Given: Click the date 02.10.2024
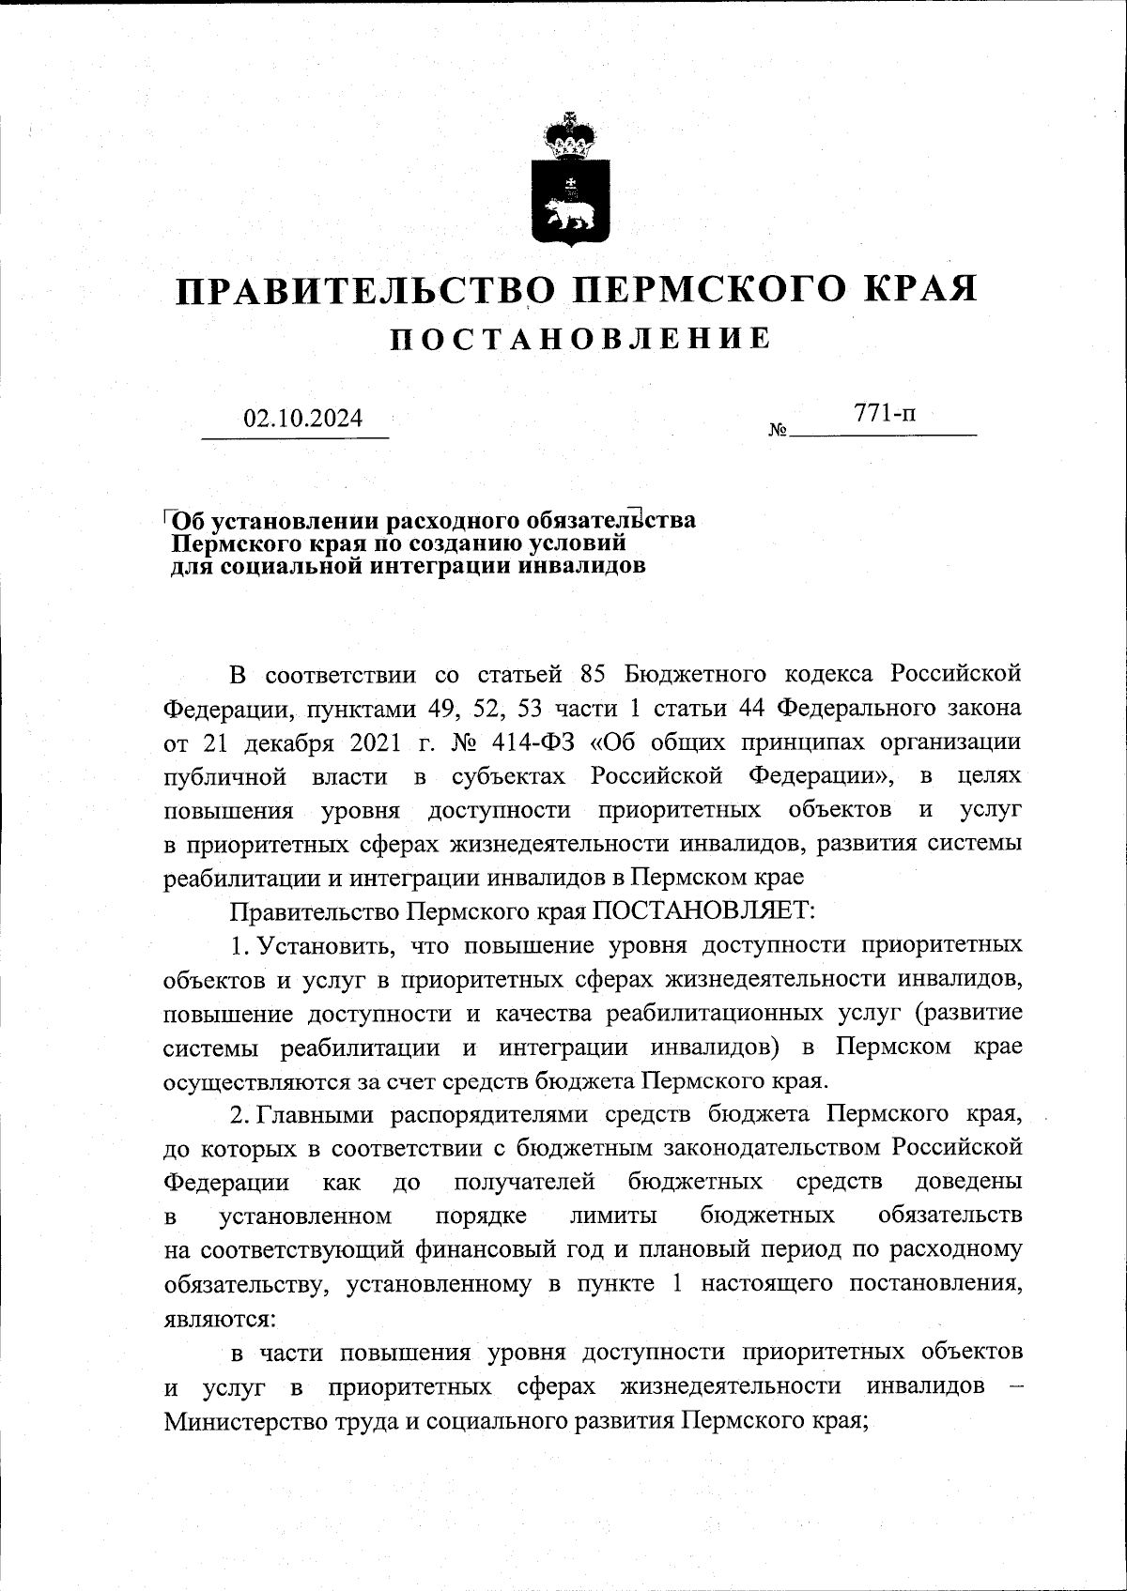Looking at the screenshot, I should coord(302,418).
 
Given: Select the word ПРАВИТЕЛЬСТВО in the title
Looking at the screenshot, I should coord(365,290).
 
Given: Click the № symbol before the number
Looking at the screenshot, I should coord(778,432).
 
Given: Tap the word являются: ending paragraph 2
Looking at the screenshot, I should coord(218,1317).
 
